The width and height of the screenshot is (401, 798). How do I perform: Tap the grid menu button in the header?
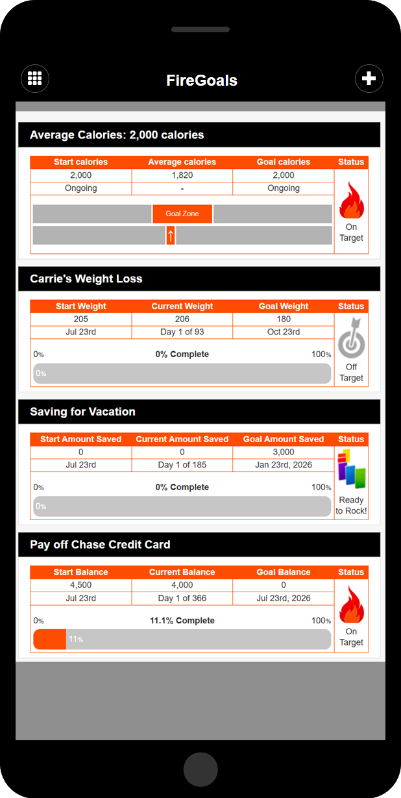click(x=35, y=79)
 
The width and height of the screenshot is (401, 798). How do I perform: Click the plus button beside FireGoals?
click(x=369, y=79)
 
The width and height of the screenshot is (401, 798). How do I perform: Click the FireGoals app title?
click(x=202, y=81)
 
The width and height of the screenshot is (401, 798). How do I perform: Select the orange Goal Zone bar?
click(x=182, y=214)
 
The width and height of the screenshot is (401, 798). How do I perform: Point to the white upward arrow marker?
click(x=171, y=235)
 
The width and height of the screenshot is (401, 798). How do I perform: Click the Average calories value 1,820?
click(x=182, y=175)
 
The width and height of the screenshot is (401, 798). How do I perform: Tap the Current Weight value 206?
click(x=182, y=319)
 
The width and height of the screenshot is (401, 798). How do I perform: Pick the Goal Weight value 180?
click(x=284, y=319)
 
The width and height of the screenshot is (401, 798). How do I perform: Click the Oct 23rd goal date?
click(x=284, y=332)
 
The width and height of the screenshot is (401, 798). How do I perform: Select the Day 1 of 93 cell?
click(x=182, y=332)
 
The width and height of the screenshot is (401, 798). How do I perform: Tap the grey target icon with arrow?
click(x=351, y=338)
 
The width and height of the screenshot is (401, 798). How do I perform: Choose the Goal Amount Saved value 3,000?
click(x=284, y=453)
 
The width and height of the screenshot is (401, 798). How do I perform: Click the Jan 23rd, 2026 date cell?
click(x=284, y=466)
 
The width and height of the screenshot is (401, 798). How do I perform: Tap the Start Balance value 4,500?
click(x=81, y=586)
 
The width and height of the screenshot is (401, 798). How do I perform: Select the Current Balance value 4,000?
click(x=182, y=586)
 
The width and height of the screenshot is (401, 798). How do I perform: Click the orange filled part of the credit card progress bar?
click(x=50, y=640)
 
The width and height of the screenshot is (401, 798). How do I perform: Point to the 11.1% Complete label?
click(x=182, y=621)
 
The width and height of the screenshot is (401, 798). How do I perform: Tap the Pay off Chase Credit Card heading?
click(x=100, y=545)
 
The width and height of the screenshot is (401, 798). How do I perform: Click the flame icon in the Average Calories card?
click(x=351, y=200)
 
